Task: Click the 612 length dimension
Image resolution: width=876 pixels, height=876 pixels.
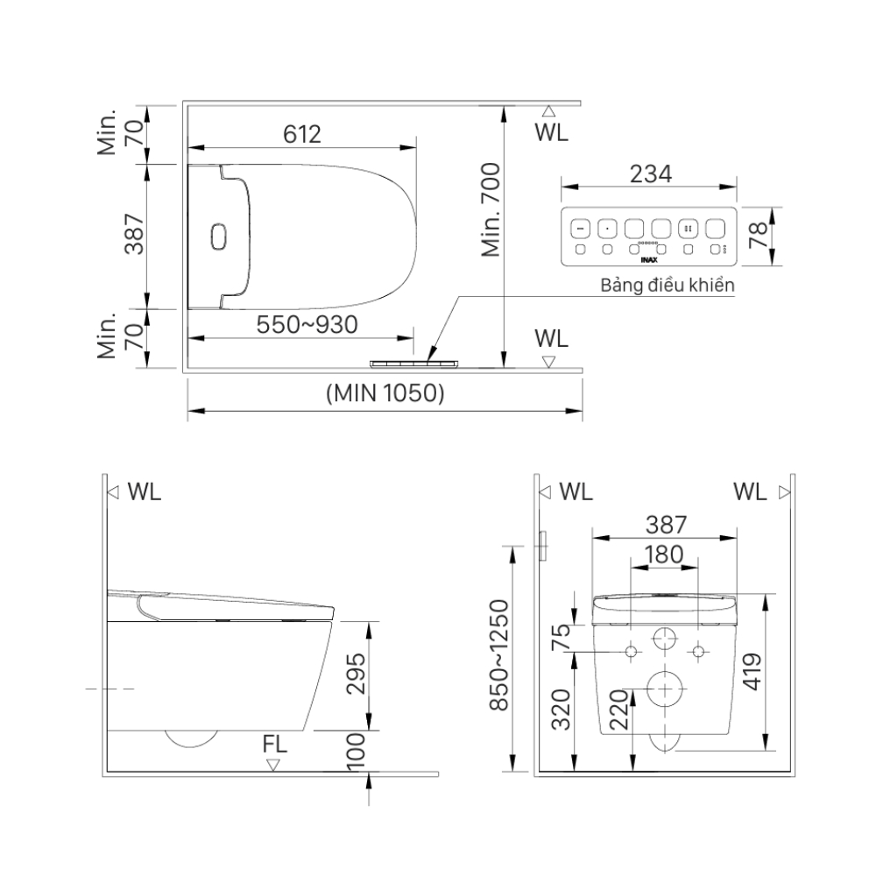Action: pyautogui.click(x=302, y=134)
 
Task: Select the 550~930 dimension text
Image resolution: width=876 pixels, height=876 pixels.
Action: pyautogui.click(x=307, y=325)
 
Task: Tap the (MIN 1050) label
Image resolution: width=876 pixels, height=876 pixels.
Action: pyautogui.click(x=385, y=393)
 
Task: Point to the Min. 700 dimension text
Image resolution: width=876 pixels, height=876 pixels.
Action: pyautogui.click(x=491, y=209)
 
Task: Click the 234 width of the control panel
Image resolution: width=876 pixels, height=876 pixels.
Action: pyautogui.click(x=649, y=173)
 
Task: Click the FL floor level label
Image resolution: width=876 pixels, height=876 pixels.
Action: pyautogui.click(x=274, y=745)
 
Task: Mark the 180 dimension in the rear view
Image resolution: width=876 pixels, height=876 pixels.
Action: pyautogui.click(x=664, y=554)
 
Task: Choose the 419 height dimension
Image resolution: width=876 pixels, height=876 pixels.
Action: pyautogui.click(x=752, y=673)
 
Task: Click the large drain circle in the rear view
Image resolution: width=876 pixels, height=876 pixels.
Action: pyautogui.click(x=665, y=689)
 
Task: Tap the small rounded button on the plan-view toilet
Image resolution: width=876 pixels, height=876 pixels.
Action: pyautogui.click(x=219, y=237)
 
